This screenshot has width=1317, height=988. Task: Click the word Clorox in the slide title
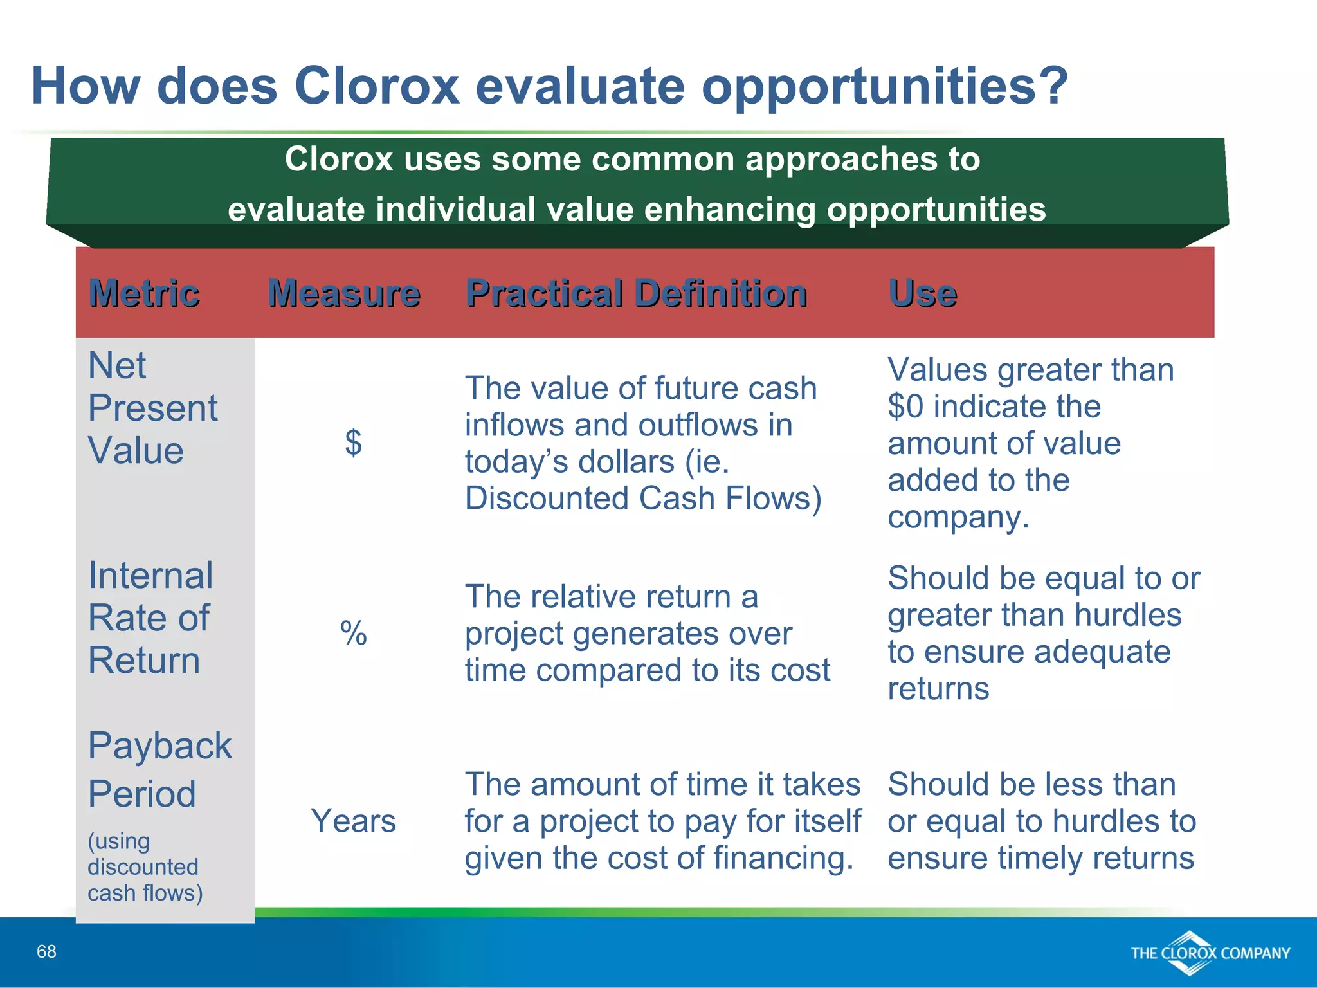(377, 86)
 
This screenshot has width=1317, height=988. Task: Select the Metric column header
(144, 293)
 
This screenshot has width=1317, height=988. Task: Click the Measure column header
(344, 293)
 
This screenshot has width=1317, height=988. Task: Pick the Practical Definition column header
(636, 293)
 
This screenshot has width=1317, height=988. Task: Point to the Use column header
(922, 293)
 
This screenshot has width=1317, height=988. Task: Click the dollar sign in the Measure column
(353, 443)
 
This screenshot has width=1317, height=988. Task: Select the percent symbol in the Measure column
(353, 633)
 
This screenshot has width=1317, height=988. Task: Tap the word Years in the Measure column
(353, 821)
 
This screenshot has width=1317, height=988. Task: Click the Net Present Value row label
(152, 408)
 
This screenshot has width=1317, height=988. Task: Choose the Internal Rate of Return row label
(150, 617)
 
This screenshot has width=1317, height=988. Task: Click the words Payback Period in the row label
(159, 769)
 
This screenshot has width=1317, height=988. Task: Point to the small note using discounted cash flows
(145, 866)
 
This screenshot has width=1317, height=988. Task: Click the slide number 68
(46, 951)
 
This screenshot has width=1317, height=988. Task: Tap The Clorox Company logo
(1210, 953)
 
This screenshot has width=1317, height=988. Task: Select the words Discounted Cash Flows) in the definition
(643, 499)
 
